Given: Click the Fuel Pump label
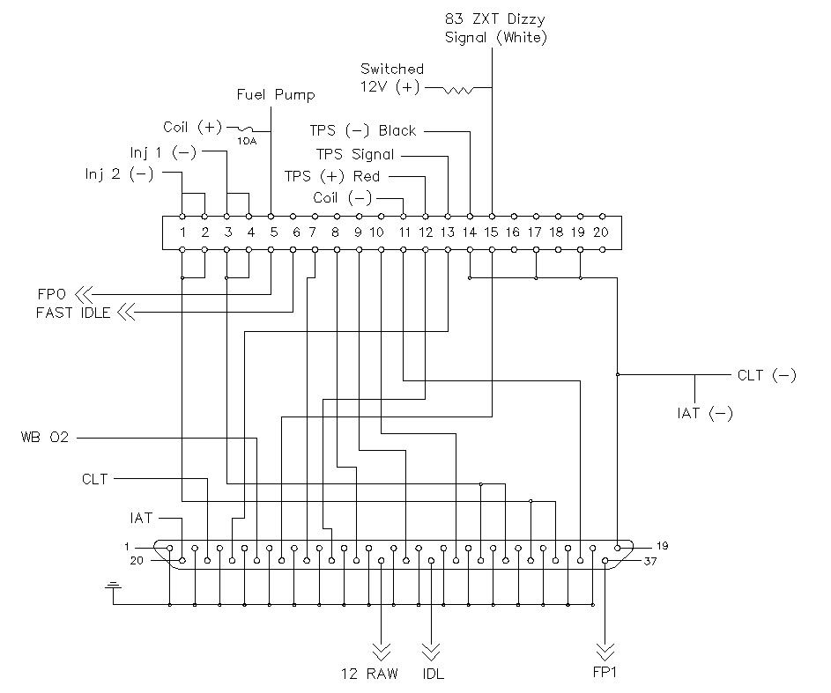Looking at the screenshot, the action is point(276,95).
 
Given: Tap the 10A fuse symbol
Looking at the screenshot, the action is point(246,129).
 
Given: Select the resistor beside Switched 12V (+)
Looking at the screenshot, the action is point(458,90).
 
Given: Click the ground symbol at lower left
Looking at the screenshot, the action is point(113,586).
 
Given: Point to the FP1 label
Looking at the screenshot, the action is point(605,673).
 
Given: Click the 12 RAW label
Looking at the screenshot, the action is point(369,674).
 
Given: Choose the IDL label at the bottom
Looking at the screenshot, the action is point(433,674).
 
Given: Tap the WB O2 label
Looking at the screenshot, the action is point(45,438).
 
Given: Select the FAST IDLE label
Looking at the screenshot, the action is point(73,313).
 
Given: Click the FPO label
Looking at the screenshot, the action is point(51,293).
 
